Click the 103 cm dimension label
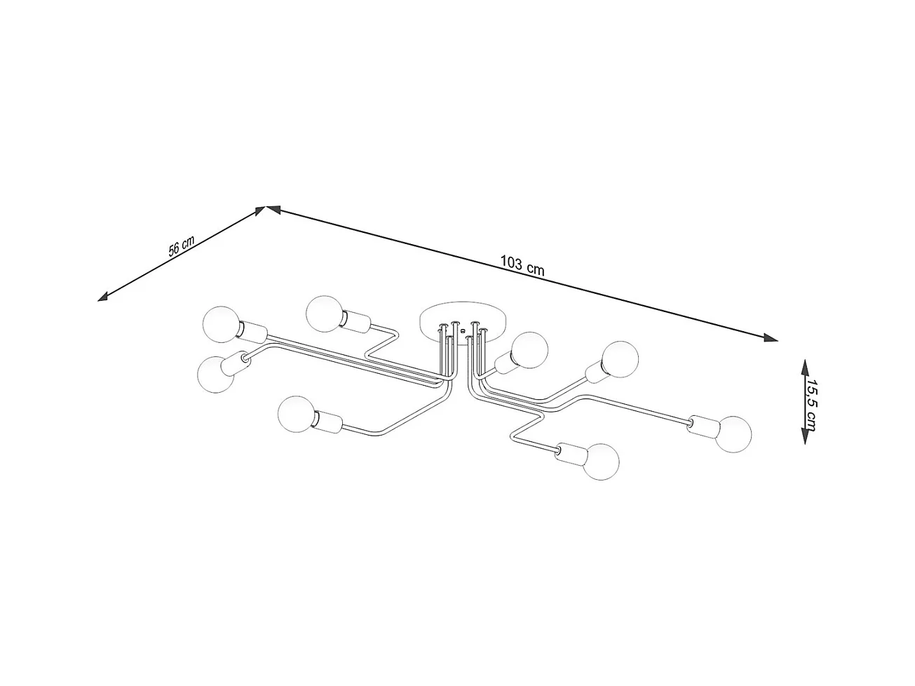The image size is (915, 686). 522,265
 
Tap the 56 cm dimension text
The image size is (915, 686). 181,247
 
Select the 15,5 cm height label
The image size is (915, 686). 811,402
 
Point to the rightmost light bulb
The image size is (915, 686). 733,432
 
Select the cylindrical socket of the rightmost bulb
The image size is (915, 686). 700,424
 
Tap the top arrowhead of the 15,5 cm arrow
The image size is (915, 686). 804,365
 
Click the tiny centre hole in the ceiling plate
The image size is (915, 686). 463,328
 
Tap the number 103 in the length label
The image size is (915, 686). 511,263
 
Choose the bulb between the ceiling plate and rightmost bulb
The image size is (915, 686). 621,360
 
